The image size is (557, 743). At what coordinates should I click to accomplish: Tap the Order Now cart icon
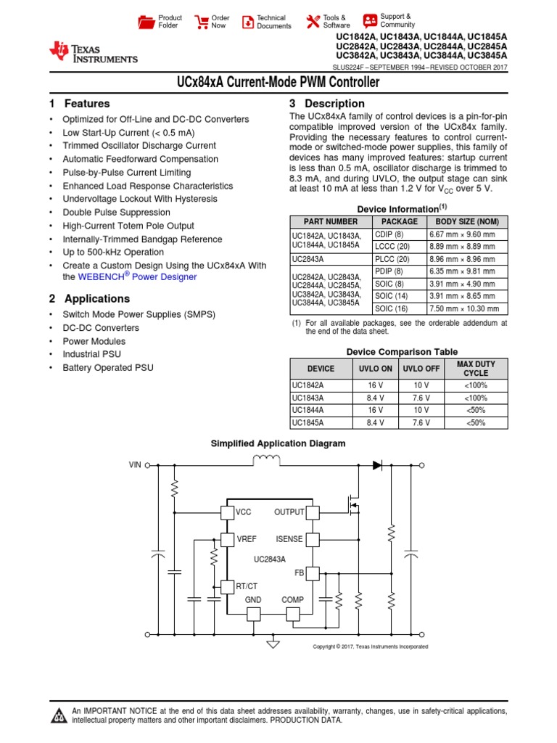pos(202,22)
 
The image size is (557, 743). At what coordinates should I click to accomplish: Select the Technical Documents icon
pos(248,22)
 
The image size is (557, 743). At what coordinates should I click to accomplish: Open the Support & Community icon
pos(370,20)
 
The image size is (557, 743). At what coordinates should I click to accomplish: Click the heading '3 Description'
pos(326,104)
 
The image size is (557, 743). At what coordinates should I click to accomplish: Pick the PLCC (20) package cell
pos(392,258)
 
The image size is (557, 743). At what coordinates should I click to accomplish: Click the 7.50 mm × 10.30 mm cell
pos(465,308)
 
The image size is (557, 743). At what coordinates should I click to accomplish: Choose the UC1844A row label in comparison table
pos(308,410)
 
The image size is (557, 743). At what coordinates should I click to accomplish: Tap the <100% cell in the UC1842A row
pos(476,385)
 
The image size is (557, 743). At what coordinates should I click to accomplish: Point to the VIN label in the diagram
pos(136,464)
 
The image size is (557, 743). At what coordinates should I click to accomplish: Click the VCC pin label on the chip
pos(243,512)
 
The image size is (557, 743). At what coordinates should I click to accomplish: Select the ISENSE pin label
pos(289,539)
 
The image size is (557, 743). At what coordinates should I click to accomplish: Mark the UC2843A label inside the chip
pos(269,559)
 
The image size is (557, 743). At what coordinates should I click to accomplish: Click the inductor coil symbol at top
pos(266,459)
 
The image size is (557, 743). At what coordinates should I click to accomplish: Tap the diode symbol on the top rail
pos(376,464)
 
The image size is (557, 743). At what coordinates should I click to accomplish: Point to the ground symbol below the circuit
pos(273,643)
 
